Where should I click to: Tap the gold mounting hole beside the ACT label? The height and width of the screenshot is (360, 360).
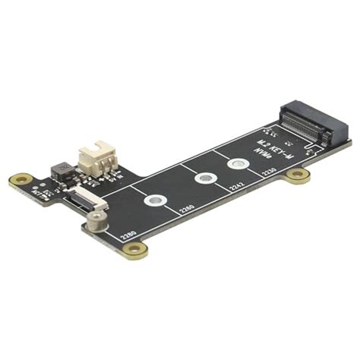pyautogui.click(x=21, y=181)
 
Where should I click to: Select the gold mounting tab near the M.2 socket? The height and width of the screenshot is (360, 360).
pyautogui.click(x=298, y=178)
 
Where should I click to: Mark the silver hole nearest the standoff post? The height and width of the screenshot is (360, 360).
pyautogui.click(x=155, y=201)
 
